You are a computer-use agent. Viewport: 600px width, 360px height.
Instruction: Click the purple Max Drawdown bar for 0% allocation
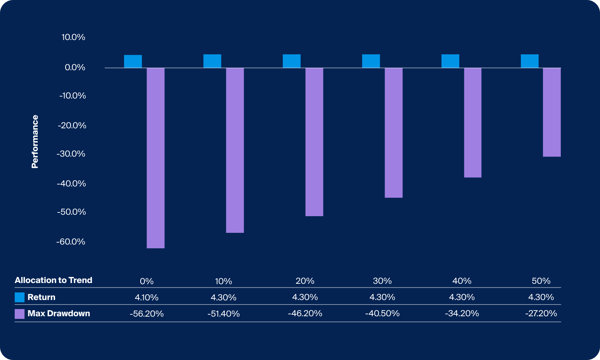[x=155, y=158]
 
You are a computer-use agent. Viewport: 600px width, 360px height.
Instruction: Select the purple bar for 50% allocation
[x=552, y=112]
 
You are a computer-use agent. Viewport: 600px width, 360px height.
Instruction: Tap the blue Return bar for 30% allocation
[x=371, y=61]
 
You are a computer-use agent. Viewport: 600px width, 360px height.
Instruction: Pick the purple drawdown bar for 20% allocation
[x=314, y=142]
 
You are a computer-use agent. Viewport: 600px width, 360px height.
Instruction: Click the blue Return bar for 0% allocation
[x=133, y=62]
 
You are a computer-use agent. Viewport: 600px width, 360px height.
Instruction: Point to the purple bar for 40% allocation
[x=473, y=123]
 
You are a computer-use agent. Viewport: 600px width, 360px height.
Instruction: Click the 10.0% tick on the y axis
[x=73, y=37]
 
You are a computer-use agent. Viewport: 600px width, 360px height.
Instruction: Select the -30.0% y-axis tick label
[x=71, y=154]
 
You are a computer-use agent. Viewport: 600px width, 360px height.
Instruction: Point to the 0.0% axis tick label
[x=75, y=67]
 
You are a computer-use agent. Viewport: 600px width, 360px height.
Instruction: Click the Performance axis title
[x=35, y=142]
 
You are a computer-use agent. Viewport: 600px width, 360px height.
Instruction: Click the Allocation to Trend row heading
[x=54, y=280]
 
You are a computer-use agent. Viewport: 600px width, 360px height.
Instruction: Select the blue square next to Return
[x=20, y=297]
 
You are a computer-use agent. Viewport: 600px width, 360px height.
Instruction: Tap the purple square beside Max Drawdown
[x=20, y=314]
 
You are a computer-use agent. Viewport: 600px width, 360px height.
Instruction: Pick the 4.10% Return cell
[x=146, y=297]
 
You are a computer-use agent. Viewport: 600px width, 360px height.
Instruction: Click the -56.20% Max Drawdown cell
[x=146, y=314]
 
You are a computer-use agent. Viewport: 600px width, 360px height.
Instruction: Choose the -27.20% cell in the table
[x=541, y=313]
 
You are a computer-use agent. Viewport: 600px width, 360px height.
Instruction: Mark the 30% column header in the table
[x=382, y=281]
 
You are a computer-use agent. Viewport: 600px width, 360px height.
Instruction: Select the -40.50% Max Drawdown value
[x=382, y=313]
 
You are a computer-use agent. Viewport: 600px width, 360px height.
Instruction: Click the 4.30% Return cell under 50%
[x=541, y=297]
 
